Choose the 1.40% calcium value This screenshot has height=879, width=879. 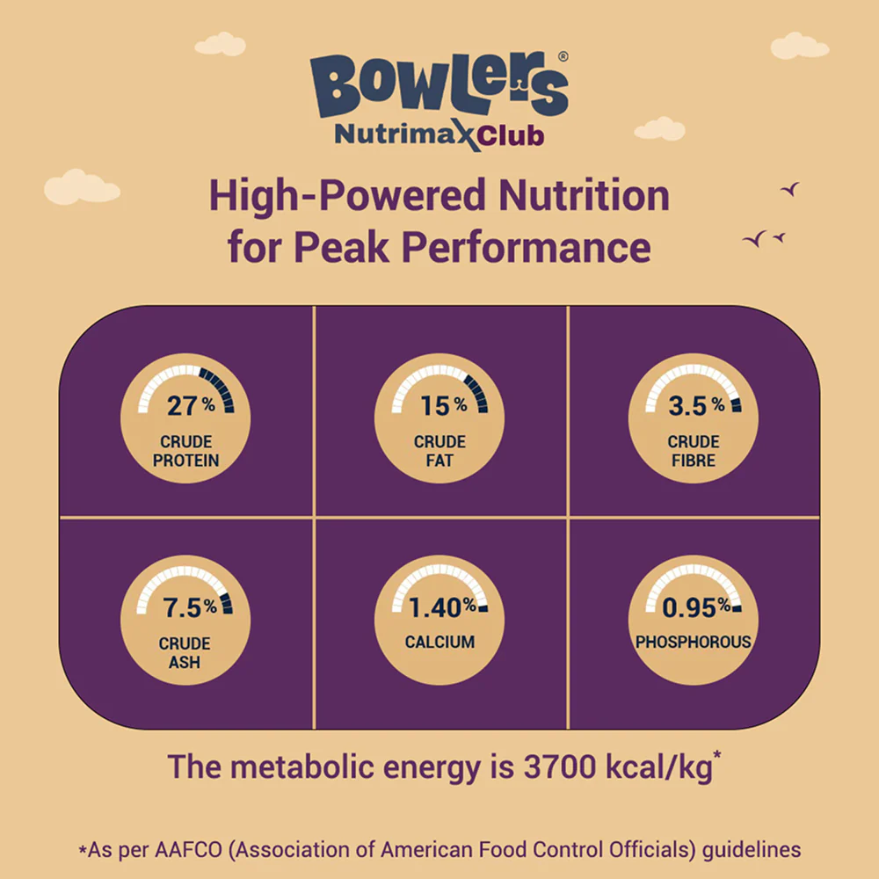(x=441, y=606)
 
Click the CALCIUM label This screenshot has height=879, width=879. (x=439, y=643)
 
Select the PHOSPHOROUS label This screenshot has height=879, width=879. (x=694, y=643)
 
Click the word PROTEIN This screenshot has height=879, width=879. (x=185, y=461)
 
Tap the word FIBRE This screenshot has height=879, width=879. (x=694, y=461)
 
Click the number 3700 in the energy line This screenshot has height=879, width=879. (x=544, y=766)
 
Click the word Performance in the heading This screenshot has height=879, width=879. (x=526, y=247)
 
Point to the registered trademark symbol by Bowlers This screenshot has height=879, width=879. (x=563, y=55)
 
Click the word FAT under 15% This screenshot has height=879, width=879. (x=439, y=461)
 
